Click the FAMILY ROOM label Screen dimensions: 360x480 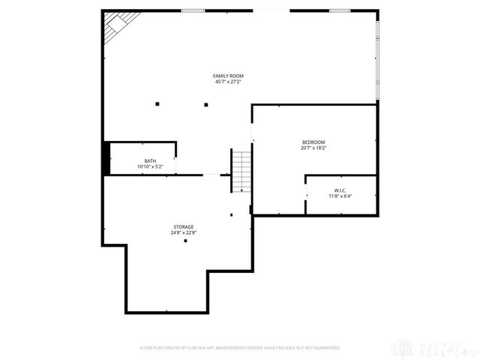[x=228, y=76]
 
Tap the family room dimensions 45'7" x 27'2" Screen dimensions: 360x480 [x=228, y=82]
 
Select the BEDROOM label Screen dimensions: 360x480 [x=313, y=142]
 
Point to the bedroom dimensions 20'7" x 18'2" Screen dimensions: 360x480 [x=313, y=148]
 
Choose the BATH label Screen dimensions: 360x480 [x=150, y=161]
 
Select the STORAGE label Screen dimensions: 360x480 [x=184, y=226]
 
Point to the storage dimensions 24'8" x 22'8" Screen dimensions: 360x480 [x=184, y=232]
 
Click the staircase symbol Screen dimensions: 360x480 [x=240, y=170]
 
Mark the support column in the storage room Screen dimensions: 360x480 [x=185, y=241]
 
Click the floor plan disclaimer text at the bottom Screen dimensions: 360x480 [x=240, y=348]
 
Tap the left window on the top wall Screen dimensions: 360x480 [x=193, y=10]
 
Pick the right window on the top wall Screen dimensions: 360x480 [x=340, y=10]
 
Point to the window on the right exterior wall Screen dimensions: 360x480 [x=377, y=60]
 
